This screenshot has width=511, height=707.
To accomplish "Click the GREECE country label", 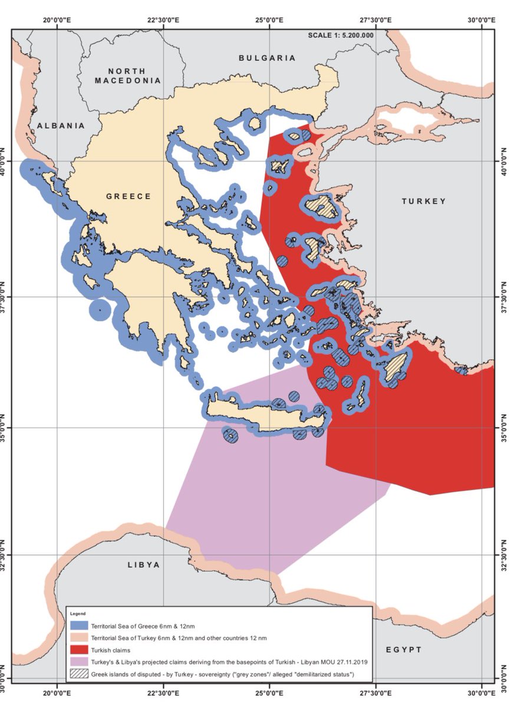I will click(x=128, y=196).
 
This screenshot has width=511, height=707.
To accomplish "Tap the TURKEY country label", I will click(x=424, y=201).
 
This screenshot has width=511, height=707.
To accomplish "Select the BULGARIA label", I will click(x=267, y=58).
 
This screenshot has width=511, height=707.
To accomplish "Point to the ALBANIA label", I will click(x=60, y=125).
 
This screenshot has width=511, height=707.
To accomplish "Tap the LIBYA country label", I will click(x=144, y=564).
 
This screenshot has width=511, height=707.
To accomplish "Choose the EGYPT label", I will click(x=404, y=649).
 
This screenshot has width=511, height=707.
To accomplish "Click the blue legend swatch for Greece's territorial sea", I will click(x=78, y=625).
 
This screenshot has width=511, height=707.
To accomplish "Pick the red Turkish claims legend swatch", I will click(x=78, y=649).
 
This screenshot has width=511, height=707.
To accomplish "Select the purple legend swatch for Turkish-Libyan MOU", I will click(x=78, y=660).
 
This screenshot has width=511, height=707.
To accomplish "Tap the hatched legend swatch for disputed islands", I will click(x=78, y=673).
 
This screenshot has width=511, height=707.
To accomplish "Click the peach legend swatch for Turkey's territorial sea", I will click(x=78, y=637).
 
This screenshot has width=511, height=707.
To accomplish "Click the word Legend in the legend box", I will click(x=77, y=614).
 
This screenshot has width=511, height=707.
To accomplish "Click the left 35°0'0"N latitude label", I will click(x=5, y=428).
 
